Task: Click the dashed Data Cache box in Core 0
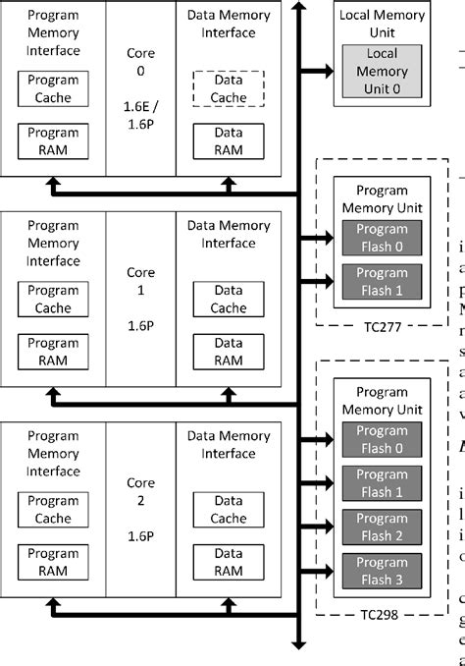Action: click(228, 88)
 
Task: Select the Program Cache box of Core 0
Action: click(53, 88)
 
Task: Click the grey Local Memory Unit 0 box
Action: click(382, 71)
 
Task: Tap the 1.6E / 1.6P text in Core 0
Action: click(140, 114)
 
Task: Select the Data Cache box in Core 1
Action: click(228, 299)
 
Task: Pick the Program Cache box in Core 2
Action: click(53, 510)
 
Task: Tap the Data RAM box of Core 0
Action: click(228, 140)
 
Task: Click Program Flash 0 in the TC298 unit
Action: click(381, 439)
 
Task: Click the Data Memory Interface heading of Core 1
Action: click(228, 234)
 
